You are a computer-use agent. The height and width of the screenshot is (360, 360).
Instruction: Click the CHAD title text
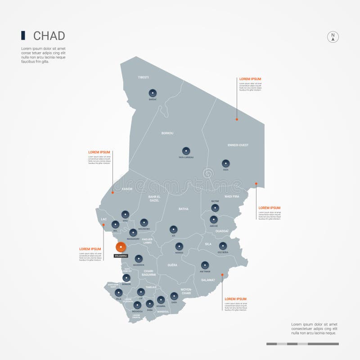49,36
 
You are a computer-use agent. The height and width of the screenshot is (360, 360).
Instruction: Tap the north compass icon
333,37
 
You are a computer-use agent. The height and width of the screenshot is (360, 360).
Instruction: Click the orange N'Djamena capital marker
121,247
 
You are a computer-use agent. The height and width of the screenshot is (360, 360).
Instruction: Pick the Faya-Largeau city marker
186,151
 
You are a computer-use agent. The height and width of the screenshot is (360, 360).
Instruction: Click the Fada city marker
225,163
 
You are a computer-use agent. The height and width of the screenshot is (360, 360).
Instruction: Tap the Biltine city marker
215,208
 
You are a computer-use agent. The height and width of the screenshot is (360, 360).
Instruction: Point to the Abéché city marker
214,220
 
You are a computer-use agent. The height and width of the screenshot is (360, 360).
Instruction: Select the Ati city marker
172,229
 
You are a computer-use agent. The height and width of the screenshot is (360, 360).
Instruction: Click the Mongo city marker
179,246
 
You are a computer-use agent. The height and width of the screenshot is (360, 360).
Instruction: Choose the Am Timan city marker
205,265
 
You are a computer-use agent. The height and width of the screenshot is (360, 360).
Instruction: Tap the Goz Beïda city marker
223,246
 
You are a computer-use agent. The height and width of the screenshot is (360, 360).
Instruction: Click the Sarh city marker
174,296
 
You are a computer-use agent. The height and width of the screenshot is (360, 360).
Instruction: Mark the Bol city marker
115,224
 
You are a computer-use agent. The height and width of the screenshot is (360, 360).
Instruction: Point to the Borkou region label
167,133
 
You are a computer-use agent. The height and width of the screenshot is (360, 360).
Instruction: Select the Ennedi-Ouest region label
238,145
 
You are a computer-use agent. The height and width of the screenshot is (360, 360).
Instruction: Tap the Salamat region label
208,280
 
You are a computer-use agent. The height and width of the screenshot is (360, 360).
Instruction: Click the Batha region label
184,209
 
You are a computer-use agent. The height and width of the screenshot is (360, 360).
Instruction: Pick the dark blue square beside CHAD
23,36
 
